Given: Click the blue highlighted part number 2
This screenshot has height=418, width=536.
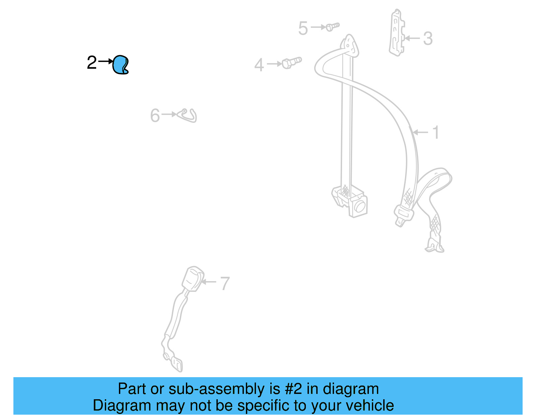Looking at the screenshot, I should [x=120, y=65].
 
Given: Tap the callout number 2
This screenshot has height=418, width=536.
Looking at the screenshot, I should [x=91, y=63].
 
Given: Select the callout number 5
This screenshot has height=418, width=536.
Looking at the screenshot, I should [x=303, y=28].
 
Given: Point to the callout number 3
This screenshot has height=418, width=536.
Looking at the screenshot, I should [x=428, y=38].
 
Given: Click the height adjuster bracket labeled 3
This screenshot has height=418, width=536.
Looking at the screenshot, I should [x=397, y=33].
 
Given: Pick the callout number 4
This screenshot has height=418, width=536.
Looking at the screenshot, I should [x=259, y=65].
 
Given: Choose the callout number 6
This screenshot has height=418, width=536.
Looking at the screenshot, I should [x=155, y=116].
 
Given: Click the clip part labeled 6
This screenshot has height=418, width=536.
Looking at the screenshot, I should [x=188, y=115].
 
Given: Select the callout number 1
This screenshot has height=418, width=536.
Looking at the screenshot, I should [x=435, y=133].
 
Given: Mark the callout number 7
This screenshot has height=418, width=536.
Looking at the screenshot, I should [x=225, y=283].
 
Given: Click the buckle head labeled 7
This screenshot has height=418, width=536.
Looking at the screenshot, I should [x=193, y=278].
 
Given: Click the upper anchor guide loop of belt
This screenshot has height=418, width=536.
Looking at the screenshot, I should [x=350, y=45].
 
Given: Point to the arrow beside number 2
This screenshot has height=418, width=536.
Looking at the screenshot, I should [x=106, y=62].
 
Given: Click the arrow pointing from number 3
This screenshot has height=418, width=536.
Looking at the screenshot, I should [x=413, y=38].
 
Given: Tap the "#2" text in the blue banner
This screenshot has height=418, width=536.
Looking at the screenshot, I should [x=293, y=389].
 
